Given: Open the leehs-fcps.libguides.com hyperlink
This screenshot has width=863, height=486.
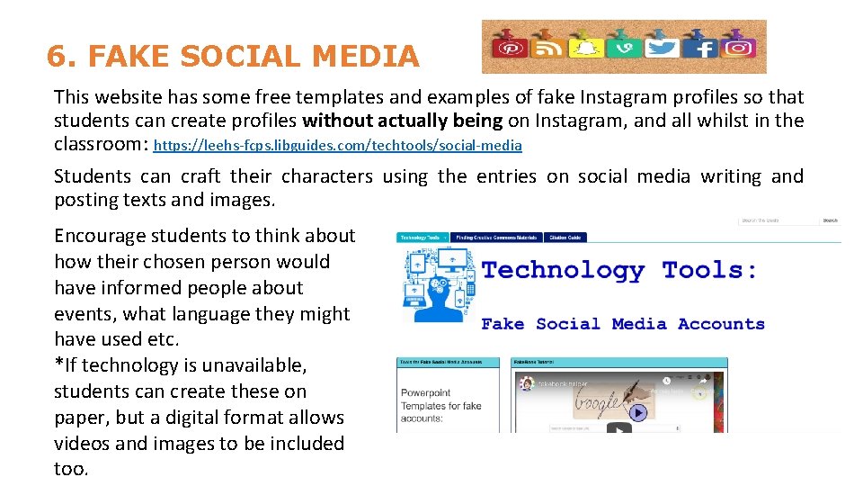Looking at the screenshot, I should (338, 145).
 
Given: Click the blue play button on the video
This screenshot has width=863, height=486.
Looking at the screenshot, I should (637, 413).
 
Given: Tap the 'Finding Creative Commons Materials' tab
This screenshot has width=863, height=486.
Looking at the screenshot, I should (496, 238).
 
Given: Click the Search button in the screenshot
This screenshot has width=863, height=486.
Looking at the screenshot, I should (830, 220).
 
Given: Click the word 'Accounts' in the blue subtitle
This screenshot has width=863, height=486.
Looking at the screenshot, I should (721, 324).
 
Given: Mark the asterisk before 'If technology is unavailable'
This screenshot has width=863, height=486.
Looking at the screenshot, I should (58, 364).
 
